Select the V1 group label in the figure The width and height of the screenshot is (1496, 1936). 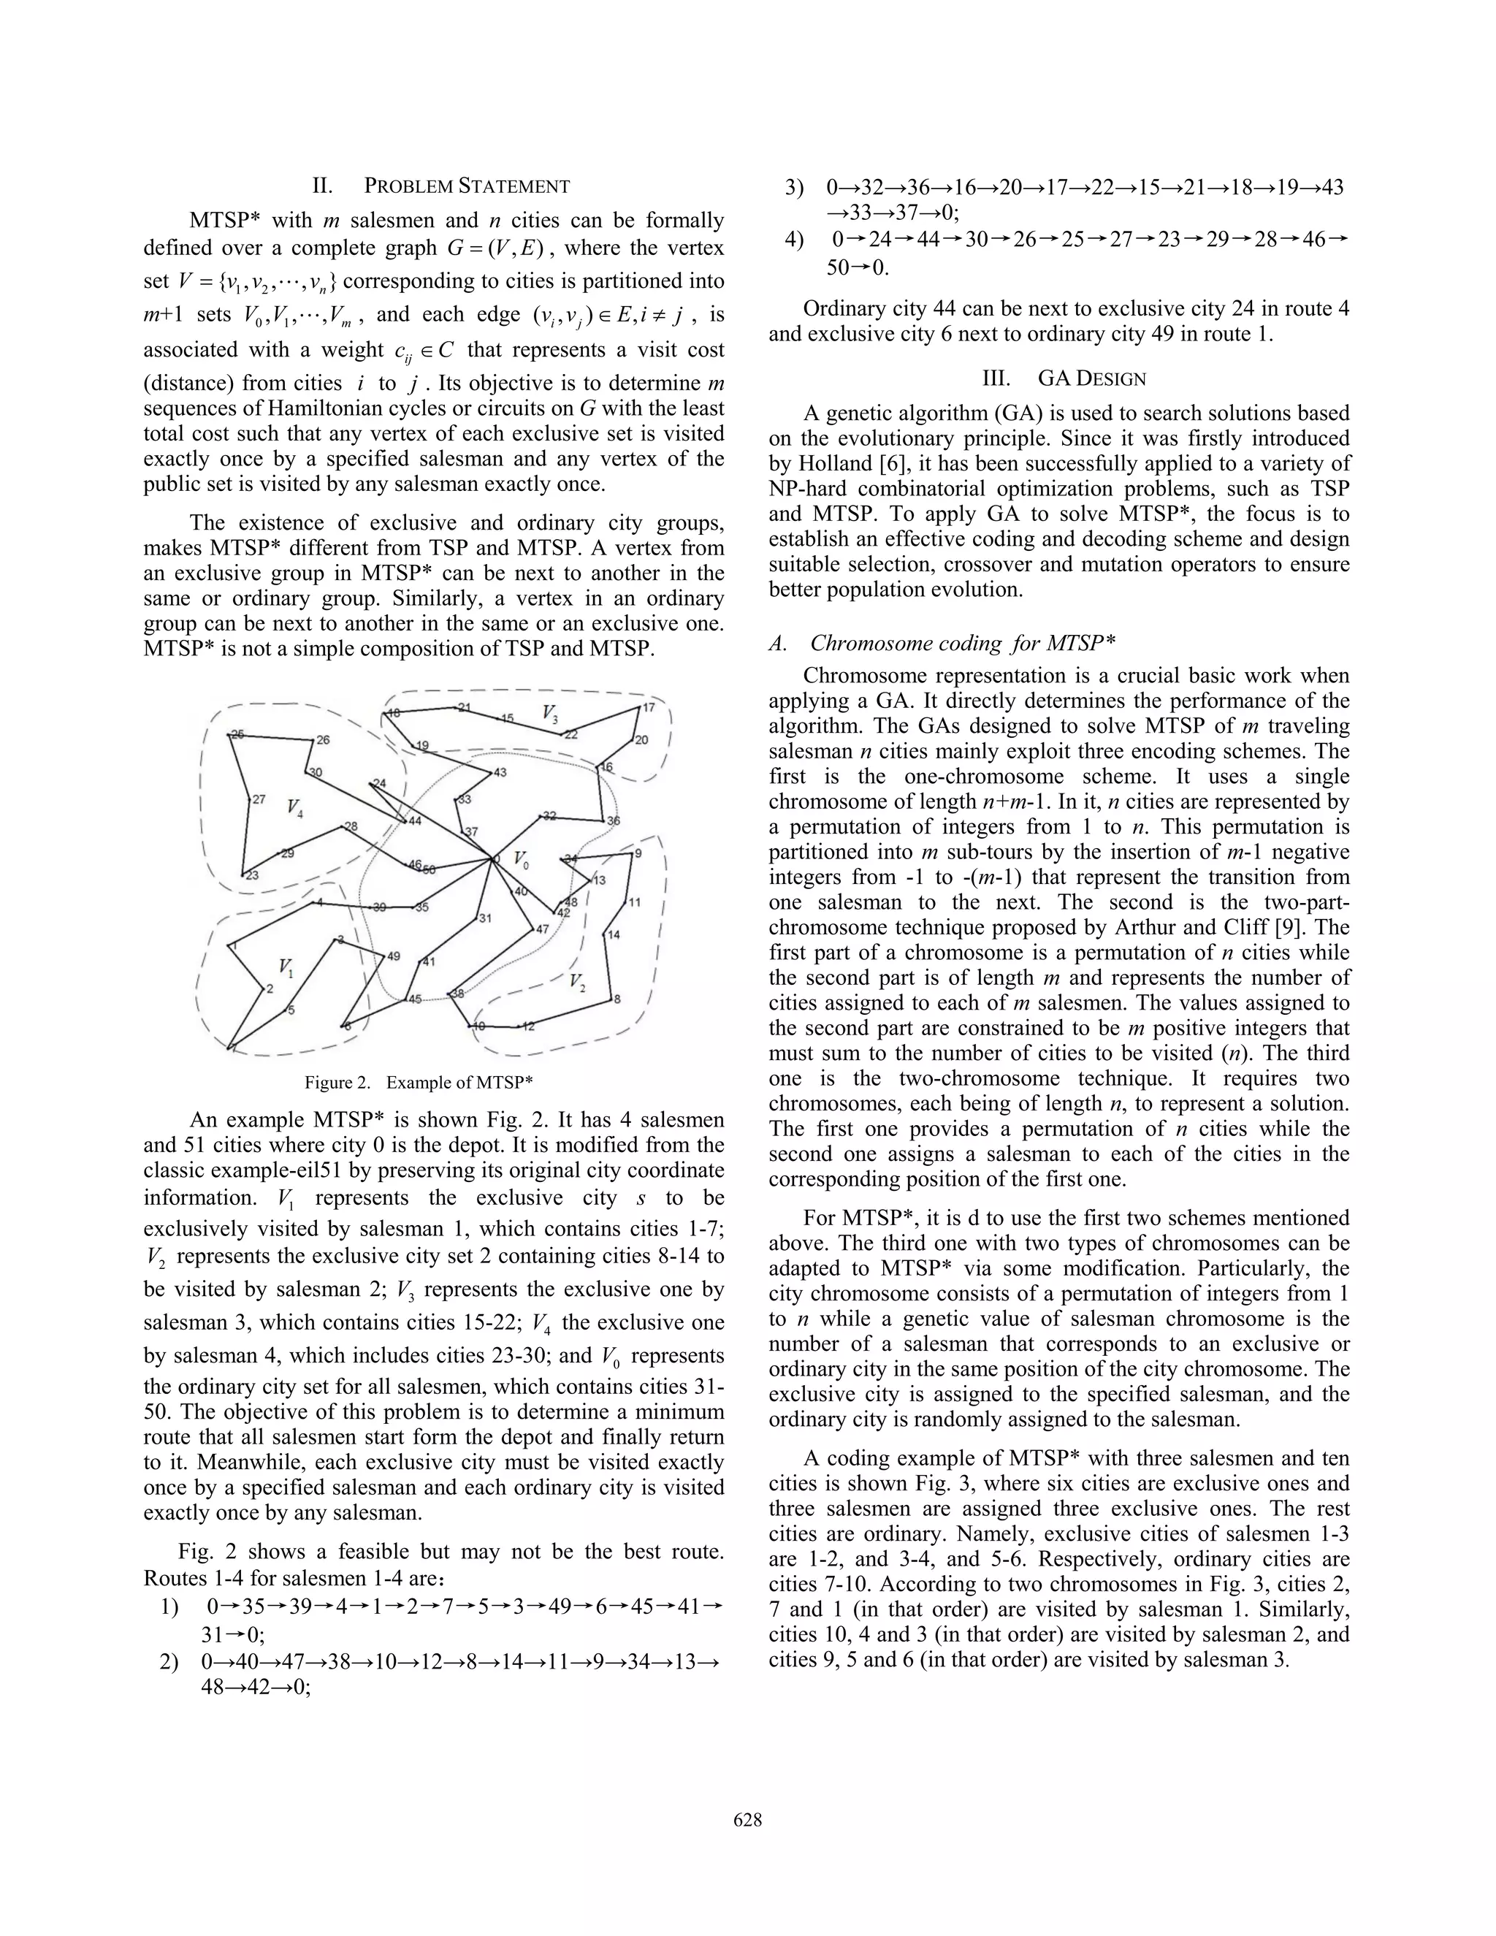[x=286, y=967]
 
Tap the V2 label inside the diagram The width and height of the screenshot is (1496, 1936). [x=577, y=981]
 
